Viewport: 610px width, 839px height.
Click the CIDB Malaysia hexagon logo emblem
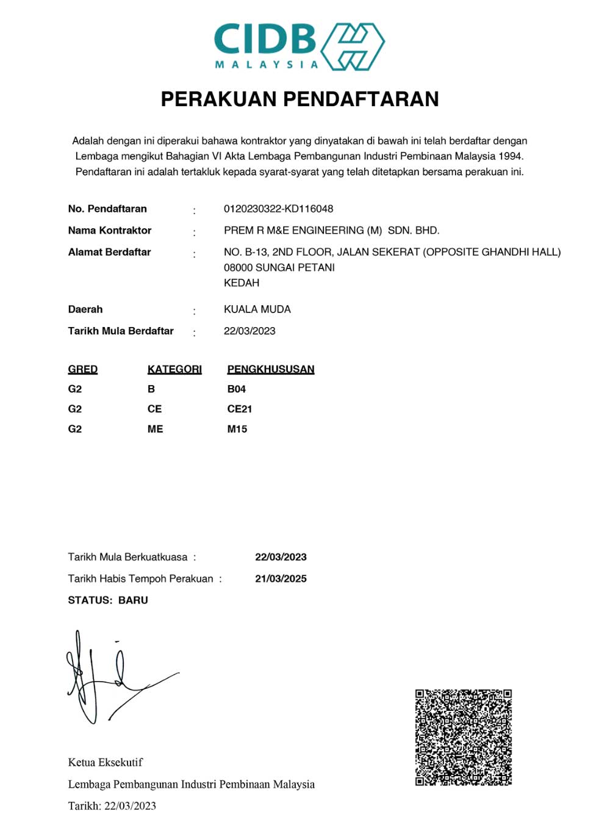[x=353, y=46]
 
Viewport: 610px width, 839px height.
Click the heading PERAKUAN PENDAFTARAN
[x=300, y=99]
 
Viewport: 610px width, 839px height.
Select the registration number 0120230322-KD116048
[x=278, y=209]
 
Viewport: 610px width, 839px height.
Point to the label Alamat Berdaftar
[x=109, y=252]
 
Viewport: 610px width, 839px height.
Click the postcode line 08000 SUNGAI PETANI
[x=279, y=267]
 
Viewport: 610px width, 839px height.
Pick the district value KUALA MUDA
[x=257, y=309]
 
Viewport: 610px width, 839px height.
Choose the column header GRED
[x=83, y=369]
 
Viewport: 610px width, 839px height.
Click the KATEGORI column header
[x=174, y=369]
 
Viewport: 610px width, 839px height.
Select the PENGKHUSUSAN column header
[x=271, y=369]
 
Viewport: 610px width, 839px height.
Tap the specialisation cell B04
[x=236, y=389]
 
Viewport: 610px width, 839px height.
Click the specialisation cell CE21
[x=239, y=409]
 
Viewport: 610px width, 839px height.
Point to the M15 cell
[x=237, y=429]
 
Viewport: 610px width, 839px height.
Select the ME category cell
[x=155, y=429]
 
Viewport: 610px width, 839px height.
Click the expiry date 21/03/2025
[x=281, y=578]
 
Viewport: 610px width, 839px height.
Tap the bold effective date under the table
[x=281, y=557]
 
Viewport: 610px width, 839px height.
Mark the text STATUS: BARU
[x=108, y=600]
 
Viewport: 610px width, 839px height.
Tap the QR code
[x=463, y=738]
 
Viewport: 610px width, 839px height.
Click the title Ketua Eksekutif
[x=105, y=762]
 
